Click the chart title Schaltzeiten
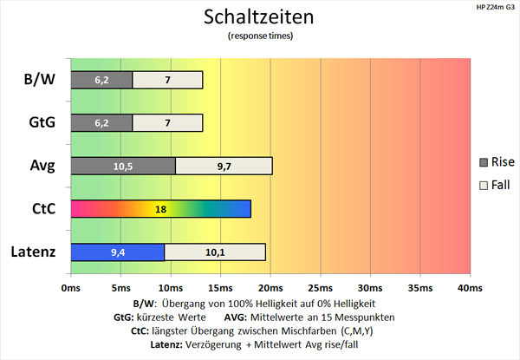[260, 17]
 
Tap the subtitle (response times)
[260, 36]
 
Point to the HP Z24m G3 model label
[494, 8]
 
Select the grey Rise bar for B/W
[101, 80]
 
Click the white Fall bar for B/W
[167, 80]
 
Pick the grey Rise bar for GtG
[101, 123]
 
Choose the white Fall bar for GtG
[167, 123]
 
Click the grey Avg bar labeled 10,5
[122, 166]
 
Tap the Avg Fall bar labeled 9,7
[224, 166]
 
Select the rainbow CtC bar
[160, 209]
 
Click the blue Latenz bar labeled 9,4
[117, 252]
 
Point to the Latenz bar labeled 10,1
[215, 252]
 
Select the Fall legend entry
[496, 185]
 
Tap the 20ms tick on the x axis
[270, 287]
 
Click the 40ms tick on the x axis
[469, 287]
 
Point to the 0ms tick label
[70, 287]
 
